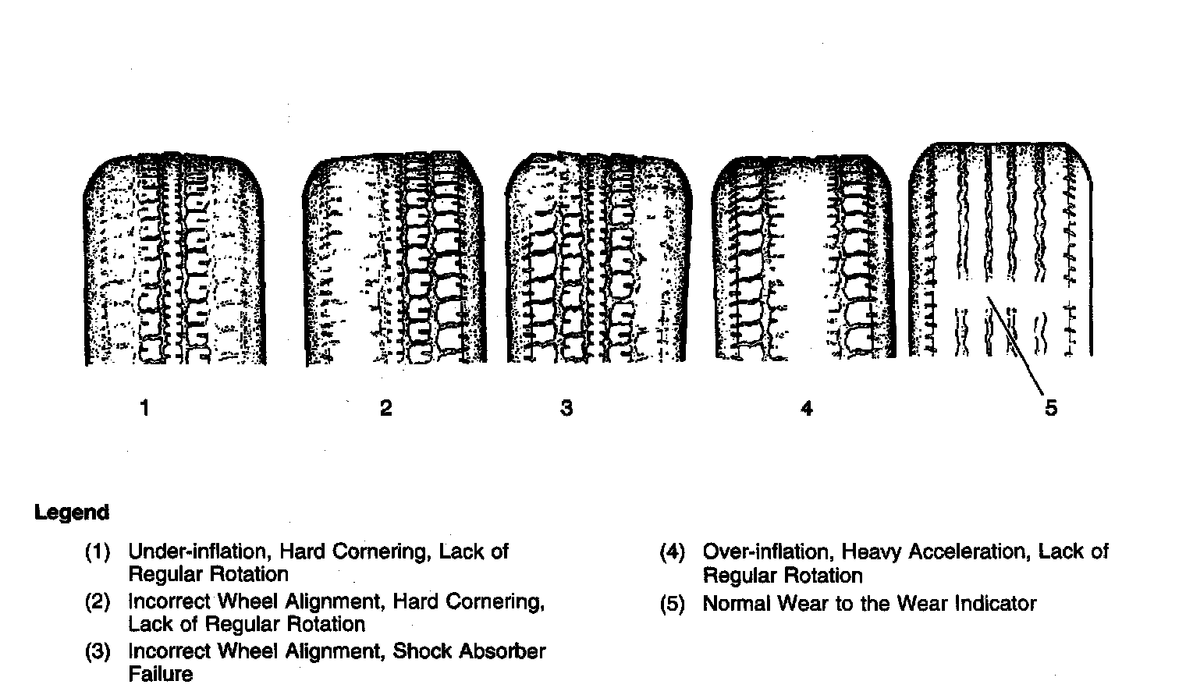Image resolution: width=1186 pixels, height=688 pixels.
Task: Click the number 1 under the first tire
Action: point(144,407)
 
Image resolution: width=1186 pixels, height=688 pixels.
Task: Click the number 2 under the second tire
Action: point(385,408)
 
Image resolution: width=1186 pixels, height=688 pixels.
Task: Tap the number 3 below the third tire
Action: point(566,408)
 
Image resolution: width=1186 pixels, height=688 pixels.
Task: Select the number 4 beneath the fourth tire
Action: point(807,408)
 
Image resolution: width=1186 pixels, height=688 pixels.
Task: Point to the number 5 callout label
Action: point(1051,408)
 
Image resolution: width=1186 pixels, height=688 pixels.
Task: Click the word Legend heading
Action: point(72,512)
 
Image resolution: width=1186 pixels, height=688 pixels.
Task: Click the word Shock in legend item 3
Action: point(422,651)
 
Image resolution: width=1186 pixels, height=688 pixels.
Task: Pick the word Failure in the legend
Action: point(161,673)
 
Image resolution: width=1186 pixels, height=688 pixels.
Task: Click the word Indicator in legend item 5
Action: point(996,604)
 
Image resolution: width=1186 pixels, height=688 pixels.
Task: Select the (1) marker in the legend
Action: point(98,552)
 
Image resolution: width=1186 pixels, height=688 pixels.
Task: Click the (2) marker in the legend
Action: point(98,602)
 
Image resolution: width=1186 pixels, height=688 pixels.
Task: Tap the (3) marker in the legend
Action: point(98,651)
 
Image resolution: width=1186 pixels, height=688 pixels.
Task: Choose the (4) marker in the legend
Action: point(673,552)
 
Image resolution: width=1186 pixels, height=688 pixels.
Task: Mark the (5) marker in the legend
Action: point(673,604)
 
